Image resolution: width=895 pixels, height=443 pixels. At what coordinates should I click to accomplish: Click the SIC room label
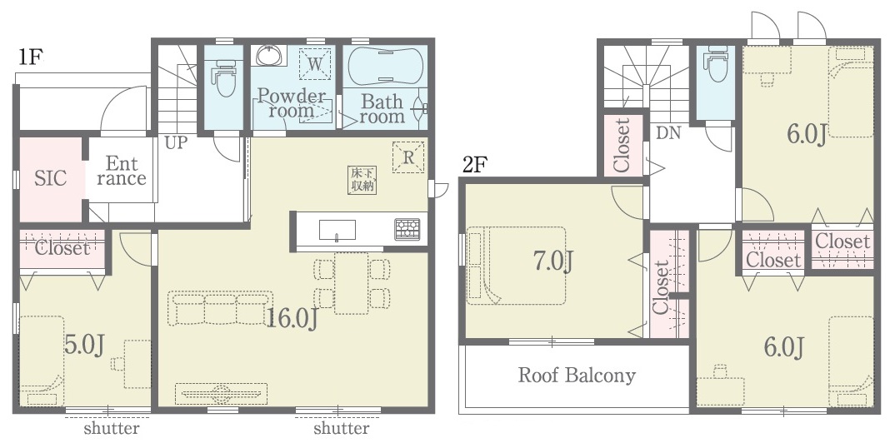[x=50, y=178]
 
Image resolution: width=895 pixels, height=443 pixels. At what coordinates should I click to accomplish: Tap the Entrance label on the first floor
[x=121, y=171]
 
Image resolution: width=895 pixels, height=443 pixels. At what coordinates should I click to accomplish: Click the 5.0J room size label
[x=84, y=346]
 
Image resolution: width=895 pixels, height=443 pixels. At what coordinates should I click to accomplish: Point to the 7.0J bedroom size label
[x=552, y=261]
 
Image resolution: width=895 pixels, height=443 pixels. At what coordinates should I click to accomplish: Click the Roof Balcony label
[x=577, y=376]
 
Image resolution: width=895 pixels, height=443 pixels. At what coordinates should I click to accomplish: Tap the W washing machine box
[x=314, y=64]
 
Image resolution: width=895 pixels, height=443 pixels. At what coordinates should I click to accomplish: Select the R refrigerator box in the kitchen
[x=408, y=157]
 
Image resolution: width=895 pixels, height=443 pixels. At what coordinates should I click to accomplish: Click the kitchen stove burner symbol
[x=407, y=229]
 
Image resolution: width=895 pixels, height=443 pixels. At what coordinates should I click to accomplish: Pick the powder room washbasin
[x=267, y=56]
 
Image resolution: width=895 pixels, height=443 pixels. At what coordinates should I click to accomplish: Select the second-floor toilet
[x=715, y=64]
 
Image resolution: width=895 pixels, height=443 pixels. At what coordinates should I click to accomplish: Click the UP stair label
[x=176, y=142]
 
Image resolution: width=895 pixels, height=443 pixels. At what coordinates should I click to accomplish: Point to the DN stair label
[x=668, y=133]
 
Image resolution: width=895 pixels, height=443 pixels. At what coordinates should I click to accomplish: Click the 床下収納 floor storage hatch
[x=363, y=180]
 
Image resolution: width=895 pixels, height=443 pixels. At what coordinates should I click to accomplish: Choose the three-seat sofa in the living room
[x=220, y=308]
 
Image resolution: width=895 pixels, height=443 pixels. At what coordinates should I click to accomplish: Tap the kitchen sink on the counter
[x=337, y=231]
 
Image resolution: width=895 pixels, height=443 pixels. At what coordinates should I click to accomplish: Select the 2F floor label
[x=475, y=165]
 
